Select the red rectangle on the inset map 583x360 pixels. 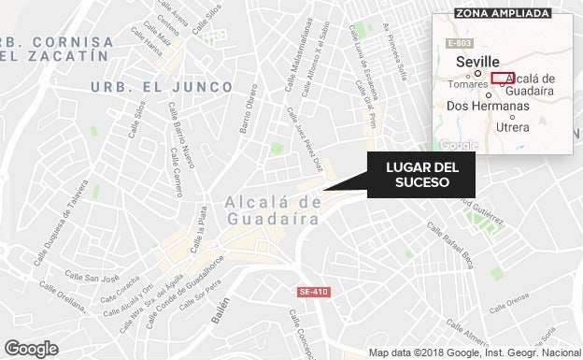(503, 78)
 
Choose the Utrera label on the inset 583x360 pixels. (513, 126)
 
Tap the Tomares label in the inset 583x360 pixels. (468, 84)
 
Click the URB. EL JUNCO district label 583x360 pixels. (162, 86)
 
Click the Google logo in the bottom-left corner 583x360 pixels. (31, 348)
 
